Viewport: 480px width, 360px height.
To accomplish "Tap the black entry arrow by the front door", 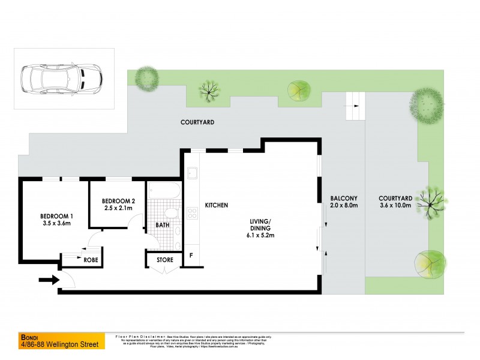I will coord(49,279).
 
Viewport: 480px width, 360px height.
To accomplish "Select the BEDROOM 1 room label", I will coord(56,216).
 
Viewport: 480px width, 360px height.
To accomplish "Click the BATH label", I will coord(163,225).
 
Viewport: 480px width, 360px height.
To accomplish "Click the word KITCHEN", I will coord(217,205).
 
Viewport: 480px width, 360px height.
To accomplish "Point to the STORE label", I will coord(164,260).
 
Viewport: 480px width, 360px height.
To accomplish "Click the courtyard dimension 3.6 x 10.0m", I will coord(395,205).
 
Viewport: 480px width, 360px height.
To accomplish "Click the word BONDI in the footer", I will coord(29,337).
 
